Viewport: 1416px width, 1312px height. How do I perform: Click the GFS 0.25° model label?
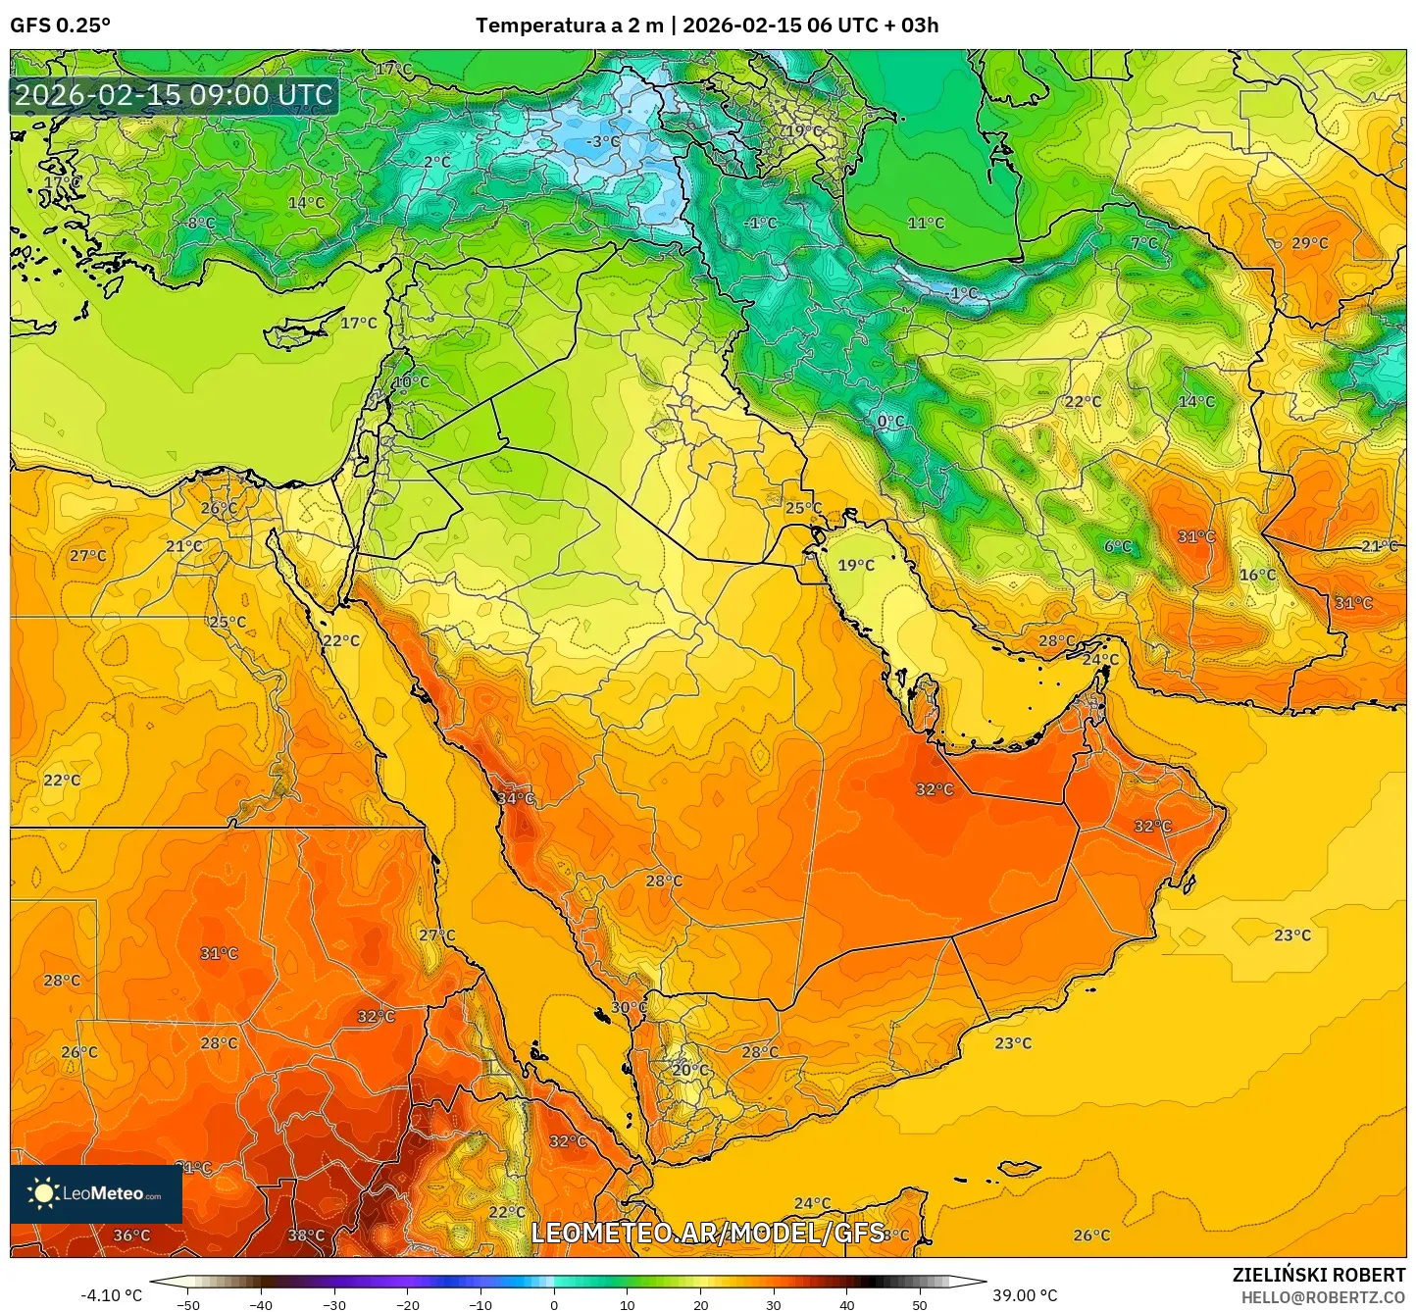(60, 25)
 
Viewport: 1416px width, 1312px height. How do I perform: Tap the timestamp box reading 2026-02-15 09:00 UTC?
(174, 95)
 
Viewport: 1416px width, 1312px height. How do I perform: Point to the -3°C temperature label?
(603, 142)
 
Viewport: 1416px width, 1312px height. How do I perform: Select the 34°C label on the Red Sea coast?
(516, 799)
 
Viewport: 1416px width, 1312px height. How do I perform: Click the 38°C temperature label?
(306, 1236)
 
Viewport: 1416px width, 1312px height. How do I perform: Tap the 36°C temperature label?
(131, 1236)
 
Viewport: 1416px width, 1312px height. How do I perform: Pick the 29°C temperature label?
(1310, 243)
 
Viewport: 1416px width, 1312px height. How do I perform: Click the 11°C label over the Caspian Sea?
(926, 224)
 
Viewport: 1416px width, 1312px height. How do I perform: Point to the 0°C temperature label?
(890, 422)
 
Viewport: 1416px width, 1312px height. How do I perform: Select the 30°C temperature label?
(629, 1007)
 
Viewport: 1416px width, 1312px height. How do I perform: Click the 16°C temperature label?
(1257, 575)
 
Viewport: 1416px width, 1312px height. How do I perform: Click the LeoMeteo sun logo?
(42, 1193)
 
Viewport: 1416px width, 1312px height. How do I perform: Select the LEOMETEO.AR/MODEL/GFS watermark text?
(707, 1233)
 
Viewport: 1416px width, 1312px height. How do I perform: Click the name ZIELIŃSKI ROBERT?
(1319, 1275)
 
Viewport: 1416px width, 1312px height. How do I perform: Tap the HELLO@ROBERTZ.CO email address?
(1323, 1296)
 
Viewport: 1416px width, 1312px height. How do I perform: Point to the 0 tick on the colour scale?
(554, 1304)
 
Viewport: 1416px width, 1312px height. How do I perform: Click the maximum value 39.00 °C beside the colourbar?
(1025, 1295)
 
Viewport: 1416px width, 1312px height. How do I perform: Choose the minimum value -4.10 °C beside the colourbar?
(111, 1295)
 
